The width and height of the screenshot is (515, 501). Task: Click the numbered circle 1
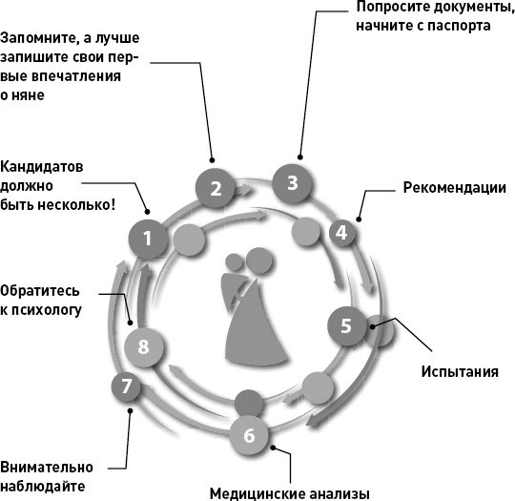click(x=148, y=238)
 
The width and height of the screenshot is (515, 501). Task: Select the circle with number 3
click(x=293, y=181)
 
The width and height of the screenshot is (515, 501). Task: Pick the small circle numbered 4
click(x=341, y=232)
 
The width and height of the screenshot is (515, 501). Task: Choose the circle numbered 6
click(x=249, y=436)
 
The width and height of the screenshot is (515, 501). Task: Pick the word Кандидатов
click(x=43, y=165)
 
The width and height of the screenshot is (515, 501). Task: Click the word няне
click(x=31, y=95)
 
